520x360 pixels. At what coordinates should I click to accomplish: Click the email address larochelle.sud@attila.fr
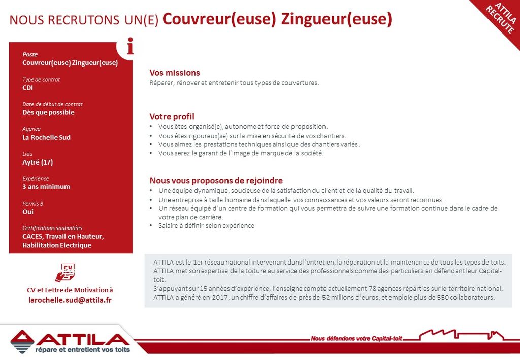click(70, 300)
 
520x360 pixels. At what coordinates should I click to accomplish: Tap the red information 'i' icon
click(131, 47)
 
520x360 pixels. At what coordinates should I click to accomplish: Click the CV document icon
click(66, 273)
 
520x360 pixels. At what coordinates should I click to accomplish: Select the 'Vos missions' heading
click(174, 73)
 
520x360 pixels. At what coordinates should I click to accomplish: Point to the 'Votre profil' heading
click(172, 116)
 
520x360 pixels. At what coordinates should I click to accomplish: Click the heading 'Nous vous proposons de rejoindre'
click(216, 180)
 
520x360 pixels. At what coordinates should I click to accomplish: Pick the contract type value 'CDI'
click(28, 88)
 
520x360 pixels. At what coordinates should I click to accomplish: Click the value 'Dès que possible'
click(48, 112)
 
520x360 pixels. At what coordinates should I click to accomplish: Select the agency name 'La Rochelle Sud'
click(46, 137)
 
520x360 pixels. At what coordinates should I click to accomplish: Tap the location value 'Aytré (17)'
click(38, 162)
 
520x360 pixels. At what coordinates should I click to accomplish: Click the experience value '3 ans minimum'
click(46, 187)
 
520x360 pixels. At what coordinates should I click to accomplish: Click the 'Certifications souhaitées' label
click(52, 228)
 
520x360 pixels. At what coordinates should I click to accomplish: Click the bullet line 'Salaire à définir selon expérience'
click(206, 226)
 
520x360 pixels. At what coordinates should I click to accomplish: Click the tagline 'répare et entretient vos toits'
click(82, 349)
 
